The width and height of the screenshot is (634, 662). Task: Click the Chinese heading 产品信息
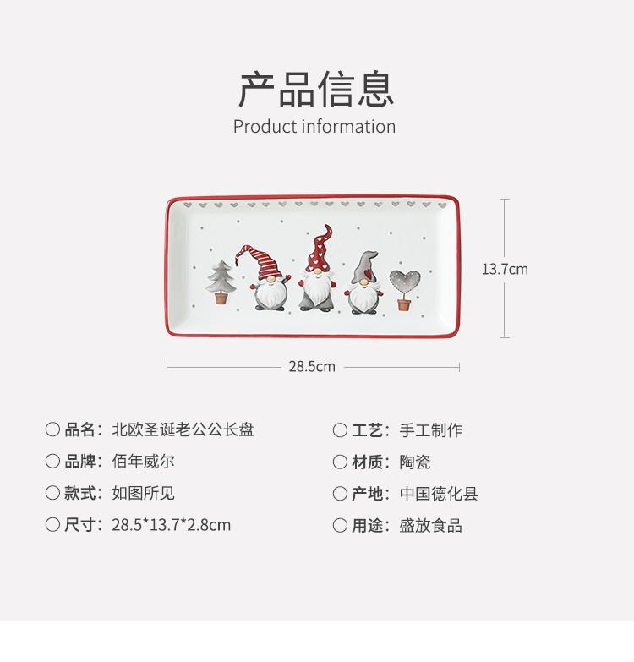point(316,90)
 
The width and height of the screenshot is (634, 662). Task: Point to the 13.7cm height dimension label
point(505,269)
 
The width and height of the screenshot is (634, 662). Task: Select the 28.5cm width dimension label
point(312,367)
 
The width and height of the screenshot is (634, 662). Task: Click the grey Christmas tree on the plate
point(221,282)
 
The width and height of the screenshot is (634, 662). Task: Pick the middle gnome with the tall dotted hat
point(317,271)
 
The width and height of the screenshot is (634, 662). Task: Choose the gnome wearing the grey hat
point(364,284)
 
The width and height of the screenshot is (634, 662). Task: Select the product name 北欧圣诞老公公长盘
point(183,429)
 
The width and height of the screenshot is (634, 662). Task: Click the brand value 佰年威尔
point(143,462)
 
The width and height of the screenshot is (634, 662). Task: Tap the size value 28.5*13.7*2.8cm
point(171,525)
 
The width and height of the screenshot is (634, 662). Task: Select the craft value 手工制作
point(430,430)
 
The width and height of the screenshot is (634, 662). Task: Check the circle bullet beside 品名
point(52,429)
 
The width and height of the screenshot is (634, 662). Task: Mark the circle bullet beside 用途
point(340,525)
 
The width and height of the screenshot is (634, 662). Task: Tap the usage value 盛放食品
point(430,525)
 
